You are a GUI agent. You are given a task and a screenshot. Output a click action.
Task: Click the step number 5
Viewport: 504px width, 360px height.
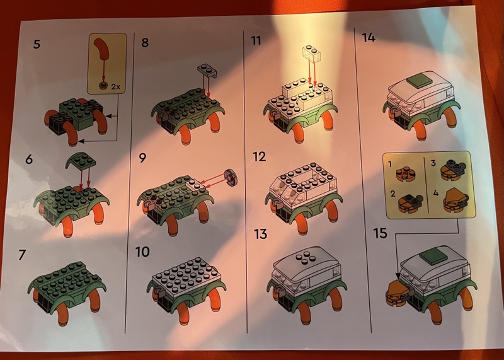(x=37, y=44)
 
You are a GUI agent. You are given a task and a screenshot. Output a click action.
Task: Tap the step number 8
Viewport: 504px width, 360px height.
(x=145, y=42)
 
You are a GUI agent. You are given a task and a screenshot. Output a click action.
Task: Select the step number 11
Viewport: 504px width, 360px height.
(x=257, y=41)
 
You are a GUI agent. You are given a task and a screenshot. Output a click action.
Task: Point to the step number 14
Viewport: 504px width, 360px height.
(x=369, y=37)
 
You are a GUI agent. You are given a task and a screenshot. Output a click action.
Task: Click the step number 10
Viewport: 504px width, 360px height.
(x=142, y=252)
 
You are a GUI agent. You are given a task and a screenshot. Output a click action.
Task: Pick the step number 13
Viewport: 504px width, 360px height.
(x=260, y=234)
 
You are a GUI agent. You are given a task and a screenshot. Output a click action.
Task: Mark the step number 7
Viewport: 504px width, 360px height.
(x=22, y=255)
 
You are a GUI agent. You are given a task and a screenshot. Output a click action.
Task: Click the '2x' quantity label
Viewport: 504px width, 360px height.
(x=116, y=86)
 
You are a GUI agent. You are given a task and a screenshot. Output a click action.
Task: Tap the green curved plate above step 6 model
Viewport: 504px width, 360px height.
(x=81, y=160)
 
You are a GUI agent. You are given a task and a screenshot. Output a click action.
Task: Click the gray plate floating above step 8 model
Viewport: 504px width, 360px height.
(x=207, y=71)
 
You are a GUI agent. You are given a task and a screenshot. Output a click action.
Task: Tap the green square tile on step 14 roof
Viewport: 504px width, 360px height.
(x=418, y=83)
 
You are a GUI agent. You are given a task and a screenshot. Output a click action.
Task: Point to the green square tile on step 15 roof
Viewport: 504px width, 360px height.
(x=433, y=257)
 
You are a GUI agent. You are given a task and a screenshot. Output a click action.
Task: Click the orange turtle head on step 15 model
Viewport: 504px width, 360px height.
(x=398, y=293)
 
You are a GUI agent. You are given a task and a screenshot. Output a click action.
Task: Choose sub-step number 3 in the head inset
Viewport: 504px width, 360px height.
(x=433, y=163)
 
